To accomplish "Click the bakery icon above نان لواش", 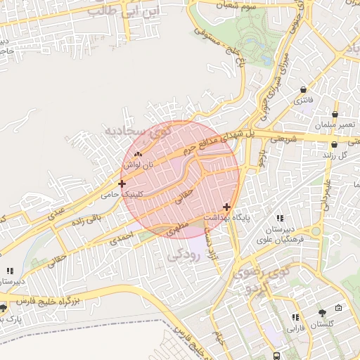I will click(138, 154).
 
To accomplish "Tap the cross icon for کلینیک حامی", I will click(122, 183).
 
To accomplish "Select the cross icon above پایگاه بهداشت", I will click(226, 207).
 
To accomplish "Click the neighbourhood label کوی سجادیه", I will click(134, 131).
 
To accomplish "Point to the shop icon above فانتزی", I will click(304, 90).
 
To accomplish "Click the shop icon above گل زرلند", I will click(335, 143).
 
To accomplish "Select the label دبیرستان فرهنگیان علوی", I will click(280, 235).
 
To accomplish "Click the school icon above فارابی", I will click(295, 317).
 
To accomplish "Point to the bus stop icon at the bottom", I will click(278, 356).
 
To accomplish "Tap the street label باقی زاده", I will click(87, 219).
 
